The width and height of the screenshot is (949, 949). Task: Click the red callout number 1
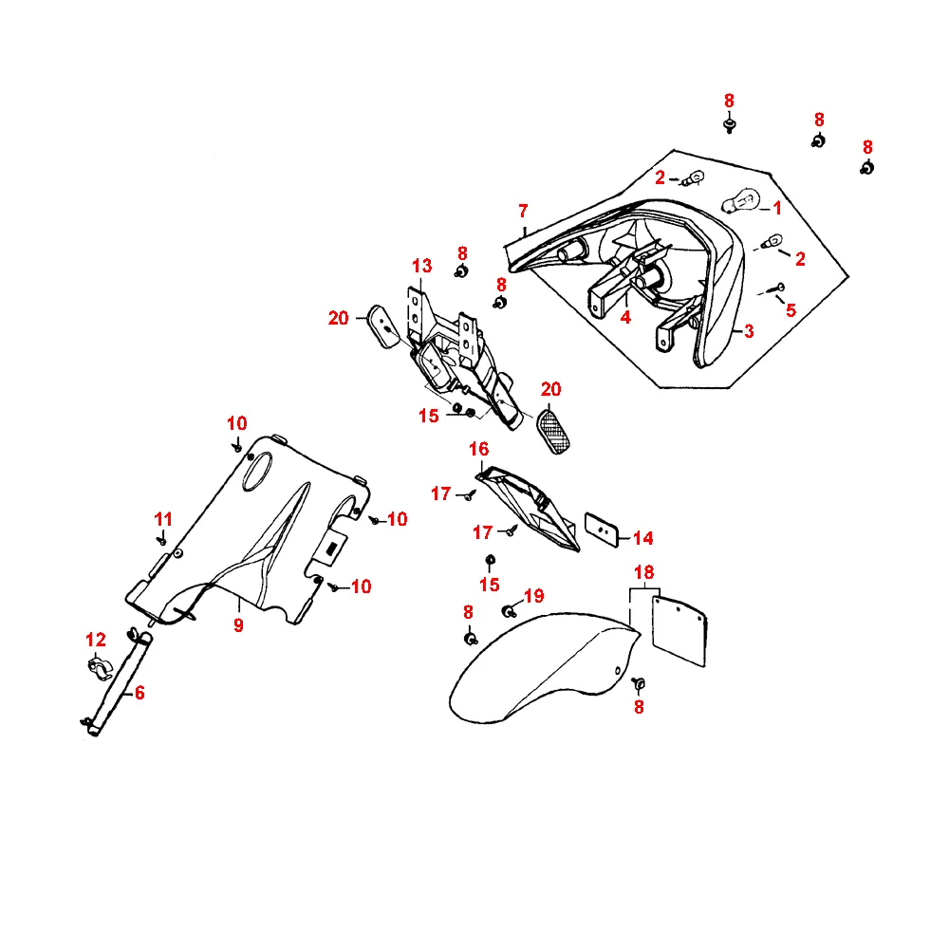point(778,208)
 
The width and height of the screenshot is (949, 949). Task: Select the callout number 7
point(523,211)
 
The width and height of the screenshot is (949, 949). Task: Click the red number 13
point(422,266)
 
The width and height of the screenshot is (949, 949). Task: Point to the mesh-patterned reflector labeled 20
point(554,431)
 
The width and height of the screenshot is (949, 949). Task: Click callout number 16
point(478,449)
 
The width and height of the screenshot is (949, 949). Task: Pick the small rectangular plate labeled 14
point(602,530)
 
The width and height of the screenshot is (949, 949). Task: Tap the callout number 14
point(642,538)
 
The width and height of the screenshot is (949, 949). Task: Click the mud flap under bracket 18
point(679,630)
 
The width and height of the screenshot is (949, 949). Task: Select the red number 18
point(644,572)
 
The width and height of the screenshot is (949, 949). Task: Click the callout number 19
point(533,596)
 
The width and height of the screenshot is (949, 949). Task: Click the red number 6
point(140,693)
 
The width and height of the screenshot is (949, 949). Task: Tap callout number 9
point(238,625)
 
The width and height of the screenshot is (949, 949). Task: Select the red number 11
point(163,519)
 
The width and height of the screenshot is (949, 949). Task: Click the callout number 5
point(791,310)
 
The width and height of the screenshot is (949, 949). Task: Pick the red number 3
point(749,331)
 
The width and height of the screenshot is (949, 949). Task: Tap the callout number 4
point(625,317)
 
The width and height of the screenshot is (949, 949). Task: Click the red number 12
point(96,640)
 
